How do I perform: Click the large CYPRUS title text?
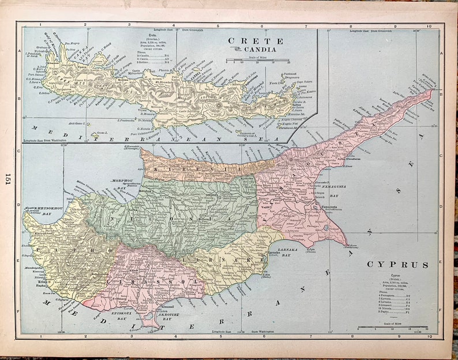(397, 265)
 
